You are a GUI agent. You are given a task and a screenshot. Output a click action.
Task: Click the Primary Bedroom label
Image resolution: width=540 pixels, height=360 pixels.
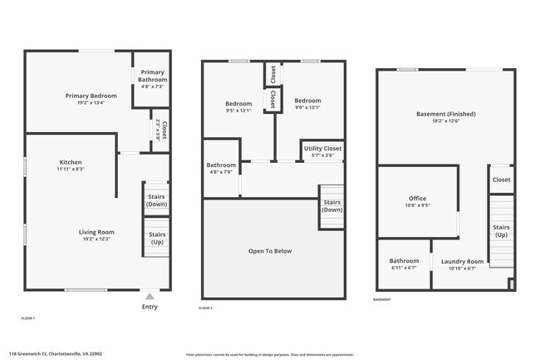(91, 96)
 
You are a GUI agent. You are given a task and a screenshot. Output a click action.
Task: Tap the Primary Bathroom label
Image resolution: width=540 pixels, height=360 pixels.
(152, 76)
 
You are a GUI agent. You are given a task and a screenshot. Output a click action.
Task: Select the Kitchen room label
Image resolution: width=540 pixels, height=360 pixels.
(70, 161)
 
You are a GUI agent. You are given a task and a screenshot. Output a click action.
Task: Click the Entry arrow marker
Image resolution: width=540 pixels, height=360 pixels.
(150, 295)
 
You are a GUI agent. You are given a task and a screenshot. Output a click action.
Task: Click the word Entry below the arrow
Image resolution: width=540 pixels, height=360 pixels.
(150, 307)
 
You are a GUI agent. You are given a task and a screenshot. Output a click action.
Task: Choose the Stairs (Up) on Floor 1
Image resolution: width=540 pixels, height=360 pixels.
(156, 238)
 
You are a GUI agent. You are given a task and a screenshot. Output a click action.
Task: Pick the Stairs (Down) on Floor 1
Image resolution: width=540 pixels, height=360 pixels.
(156, 200)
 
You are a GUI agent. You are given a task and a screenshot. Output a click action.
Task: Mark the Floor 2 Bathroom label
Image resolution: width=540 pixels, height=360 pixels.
(221, 165)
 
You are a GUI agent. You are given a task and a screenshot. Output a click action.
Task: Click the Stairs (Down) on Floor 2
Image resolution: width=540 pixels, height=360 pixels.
(331, 206)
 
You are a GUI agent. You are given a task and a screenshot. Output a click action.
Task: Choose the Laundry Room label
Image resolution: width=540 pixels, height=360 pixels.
(462, 261)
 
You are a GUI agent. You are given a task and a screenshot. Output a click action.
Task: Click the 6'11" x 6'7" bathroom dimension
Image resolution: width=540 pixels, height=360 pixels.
(404, 269)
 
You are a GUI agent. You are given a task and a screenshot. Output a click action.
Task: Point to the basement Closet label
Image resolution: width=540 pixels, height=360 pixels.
(501, 180)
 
